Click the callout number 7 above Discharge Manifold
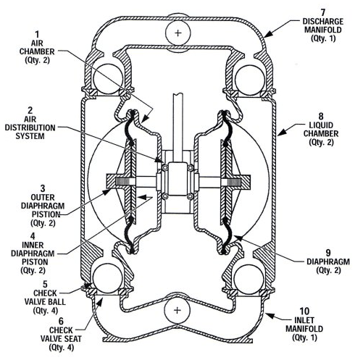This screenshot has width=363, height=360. pos(322,12)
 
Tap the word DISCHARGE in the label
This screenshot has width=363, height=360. pos(323,22)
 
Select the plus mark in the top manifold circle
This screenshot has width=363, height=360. pos(178,33)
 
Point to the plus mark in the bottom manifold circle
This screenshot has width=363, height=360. pos(178,310)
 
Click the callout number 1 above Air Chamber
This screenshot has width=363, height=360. pos(37,35)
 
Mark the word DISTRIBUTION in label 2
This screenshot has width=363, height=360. pos(30,127)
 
